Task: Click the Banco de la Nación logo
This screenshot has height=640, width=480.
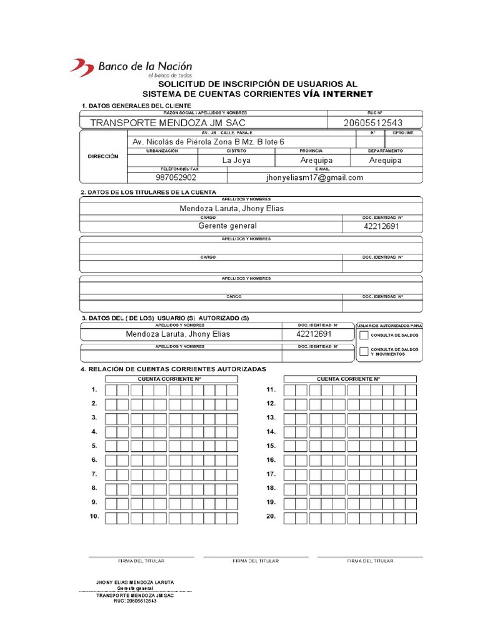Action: click(x=131, y=67)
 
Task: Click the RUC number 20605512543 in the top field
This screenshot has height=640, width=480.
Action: click(x=373, y=122)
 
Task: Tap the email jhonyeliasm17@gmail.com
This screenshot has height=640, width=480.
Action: click(x=314, y=177)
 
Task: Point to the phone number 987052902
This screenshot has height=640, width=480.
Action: click(x=176, y=177)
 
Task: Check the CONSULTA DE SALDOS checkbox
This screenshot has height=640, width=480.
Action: click(x=364, y=336)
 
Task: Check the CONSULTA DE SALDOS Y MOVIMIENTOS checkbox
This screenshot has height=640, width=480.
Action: click(x=364, y=351)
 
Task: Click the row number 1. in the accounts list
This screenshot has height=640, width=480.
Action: click(x=94, y=389)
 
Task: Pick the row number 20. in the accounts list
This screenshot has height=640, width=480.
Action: click(x=271, y=517)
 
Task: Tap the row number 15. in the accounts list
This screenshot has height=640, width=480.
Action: click(x=271, y=446)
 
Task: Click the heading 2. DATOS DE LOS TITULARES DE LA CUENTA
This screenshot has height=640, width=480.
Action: click(x=149, y=192)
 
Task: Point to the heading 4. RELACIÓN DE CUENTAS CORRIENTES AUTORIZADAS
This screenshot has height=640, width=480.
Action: click(x=173, y=369)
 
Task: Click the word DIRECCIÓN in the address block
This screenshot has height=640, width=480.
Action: click(x=103, y=156)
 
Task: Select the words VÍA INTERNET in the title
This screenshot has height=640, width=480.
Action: click(x=337, y=94)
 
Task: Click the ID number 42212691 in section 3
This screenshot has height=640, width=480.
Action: click(x=314, y=334)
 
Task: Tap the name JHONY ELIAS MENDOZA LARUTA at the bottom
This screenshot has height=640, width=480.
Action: click(x=135, y=582)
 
